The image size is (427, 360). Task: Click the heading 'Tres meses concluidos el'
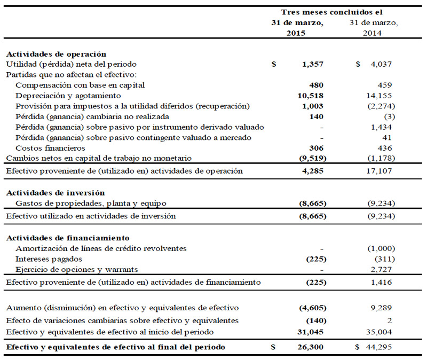[x=331, y=12]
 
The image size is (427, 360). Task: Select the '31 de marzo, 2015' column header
[x=297, y=27]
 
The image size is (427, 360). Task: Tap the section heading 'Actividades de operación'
[x=56, y=54]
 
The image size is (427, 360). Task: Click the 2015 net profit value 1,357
[x=313, y=64]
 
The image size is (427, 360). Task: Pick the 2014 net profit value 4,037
[x=381, y=64]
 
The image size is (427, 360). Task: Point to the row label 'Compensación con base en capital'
[x=81, y=85]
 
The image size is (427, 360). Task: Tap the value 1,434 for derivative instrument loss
[x=381, y=127]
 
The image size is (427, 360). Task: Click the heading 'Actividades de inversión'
[x=55, y=192]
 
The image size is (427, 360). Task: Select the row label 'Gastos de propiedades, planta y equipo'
[x=91, y=203]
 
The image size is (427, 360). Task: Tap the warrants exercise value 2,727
[x=381, y=269]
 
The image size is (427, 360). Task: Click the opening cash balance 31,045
[x=311, y=332]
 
